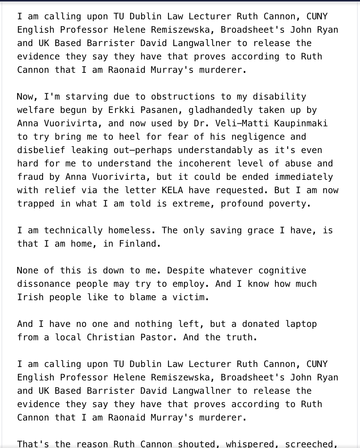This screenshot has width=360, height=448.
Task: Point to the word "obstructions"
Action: pyautogui.click(x=183, y=97)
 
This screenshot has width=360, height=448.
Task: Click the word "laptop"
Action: pyautogui.click(x=301, y=324)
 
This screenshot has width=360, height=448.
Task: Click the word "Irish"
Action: pyautogui.click(x=30, y=298)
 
